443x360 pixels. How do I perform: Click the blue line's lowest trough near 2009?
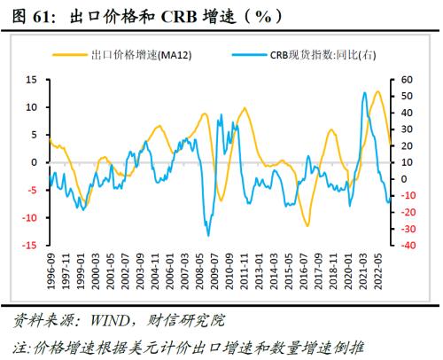click(208, 235)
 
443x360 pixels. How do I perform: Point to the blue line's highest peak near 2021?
click(365, 92)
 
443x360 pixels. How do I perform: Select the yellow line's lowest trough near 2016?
click(308, 225)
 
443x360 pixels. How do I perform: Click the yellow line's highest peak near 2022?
click(377, 91)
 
